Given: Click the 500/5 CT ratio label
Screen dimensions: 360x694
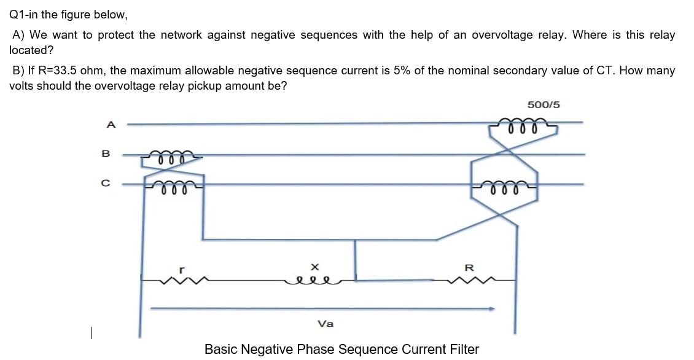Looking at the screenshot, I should [x=544, y=104].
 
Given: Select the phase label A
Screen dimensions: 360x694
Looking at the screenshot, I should [x=111, y=125].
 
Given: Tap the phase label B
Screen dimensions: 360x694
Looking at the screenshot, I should [x=106, y=154].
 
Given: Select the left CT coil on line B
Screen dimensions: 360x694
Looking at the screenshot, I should [x=168, y=158].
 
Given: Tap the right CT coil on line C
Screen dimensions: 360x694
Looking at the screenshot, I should [x=506, y=187].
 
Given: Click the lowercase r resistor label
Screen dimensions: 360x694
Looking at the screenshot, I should [x=181, y=268].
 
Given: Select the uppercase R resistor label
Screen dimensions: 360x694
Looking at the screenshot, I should [x=470, y=267].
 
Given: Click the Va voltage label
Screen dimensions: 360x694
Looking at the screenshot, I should [x=326, y=324].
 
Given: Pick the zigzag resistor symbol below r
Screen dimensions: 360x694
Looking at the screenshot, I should [x=181, y=281].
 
